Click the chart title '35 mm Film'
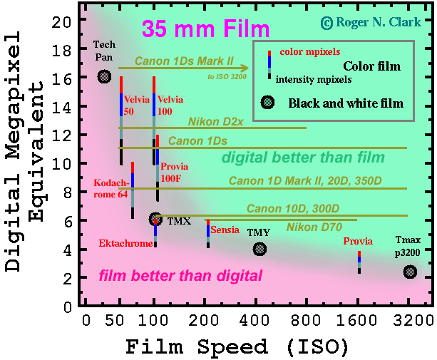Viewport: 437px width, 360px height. point(205,29)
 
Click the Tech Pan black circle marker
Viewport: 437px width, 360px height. point(105,76)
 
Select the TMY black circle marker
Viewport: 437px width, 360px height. point(259,249)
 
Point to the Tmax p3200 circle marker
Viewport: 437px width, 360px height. point(409,272)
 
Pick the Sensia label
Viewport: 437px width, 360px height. point(225,230)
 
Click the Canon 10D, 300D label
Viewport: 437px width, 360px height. point(292,209)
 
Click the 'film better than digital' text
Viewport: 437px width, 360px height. point(181,275)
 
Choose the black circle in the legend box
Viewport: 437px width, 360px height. point(268,103)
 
